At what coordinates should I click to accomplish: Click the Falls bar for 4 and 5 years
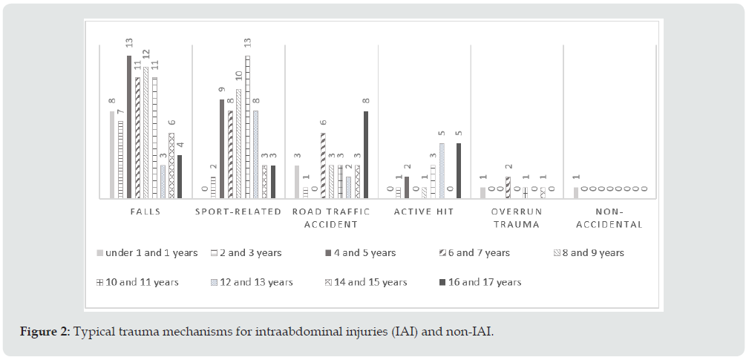129,126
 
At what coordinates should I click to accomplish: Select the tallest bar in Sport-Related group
247,126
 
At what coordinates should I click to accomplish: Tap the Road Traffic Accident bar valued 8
366,154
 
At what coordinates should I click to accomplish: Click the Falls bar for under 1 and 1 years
112,154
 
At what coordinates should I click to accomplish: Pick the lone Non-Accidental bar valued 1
576,192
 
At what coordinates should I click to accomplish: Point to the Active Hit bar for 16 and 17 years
459,170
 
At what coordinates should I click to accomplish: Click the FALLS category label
145,212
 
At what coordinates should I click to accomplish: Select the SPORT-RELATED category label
238,212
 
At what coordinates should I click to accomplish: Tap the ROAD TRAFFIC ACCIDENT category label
331,217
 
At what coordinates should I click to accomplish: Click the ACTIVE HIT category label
424,212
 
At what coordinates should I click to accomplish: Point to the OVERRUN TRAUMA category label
517,217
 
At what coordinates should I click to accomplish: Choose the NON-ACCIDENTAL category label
609,217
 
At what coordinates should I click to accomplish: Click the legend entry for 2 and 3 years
249,253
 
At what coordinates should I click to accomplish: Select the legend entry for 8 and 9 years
592,253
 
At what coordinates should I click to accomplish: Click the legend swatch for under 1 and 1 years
99,253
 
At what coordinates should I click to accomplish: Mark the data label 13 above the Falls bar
128,45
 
